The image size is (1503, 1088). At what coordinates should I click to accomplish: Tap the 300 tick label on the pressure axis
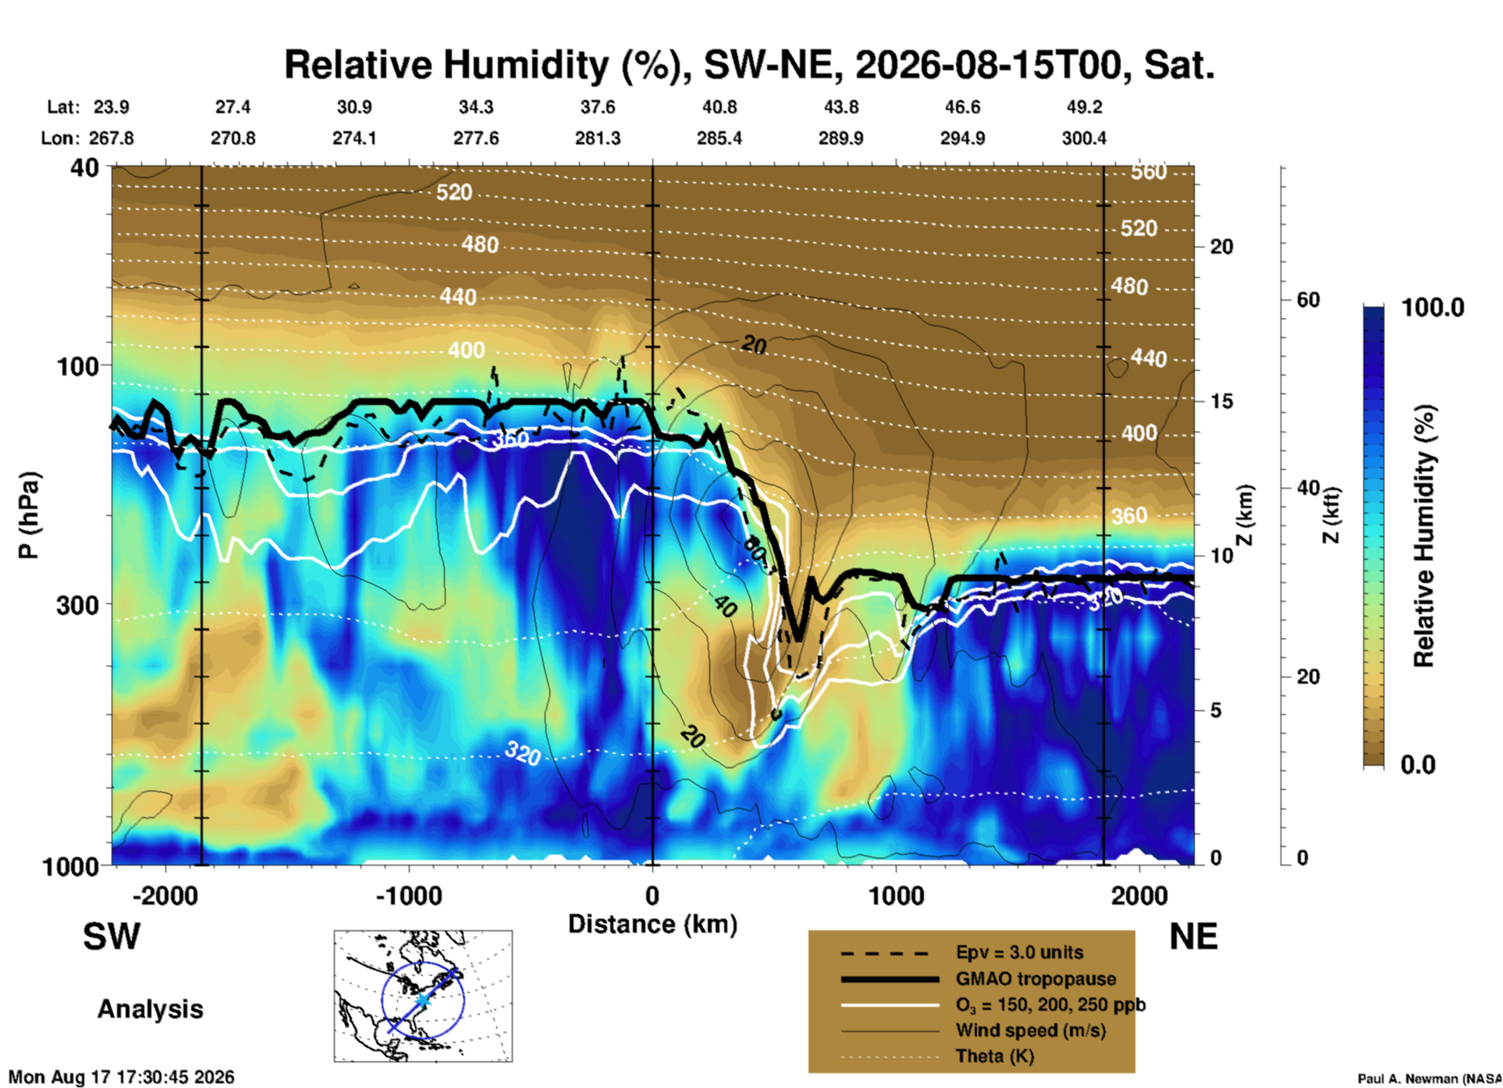coord(77,605)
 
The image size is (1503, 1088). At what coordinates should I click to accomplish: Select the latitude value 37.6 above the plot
coord(598,107)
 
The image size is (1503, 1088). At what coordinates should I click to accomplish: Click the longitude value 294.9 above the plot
coord(962,138)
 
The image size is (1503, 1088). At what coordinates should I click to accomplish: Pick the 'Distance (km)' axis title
coord(652,924)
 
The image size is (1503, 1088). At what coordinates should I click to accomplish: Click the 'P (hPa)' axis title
coord(29,515)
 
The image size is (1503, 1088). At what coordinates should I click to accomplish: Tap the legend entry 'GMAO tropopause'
coord(1036,979)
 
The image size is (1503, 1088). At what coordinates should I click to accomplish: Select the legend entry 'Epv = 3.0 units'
coord(1019,952)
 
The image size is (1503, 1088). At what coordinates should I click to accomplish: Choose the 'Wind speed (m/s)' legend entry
coord(1030,1030)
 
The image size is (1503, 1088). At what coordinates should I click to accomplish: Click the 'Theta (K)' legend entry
coord(995,1056)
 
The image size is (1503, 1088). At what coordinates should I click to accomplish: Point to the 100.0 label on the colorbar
coord(1433,308)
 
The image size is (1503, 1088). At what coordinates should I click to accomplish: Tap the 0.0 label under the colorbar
coord(1418,765)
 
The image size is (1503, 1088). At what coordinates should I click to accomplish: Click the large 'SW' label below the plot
coord(112,937)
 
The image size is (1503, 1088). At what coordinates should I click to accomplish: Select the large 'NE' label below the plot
coord(1193,937)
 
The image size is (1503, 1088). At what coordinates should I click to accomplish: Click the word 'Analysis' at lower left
coord(150,1009)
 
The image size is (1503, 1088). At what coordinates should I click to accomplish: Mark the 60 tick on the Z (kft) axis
coord(1308,300)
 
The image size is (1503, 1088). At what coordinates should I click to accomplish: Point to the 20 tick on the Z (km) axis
coord(1221,247)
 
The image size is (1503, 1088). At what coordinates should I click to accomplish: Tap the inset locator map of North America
coord(423,996)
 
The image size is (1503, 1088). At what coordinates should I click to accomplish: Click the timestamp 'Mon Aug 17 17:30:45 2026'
coord(121,1077)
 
